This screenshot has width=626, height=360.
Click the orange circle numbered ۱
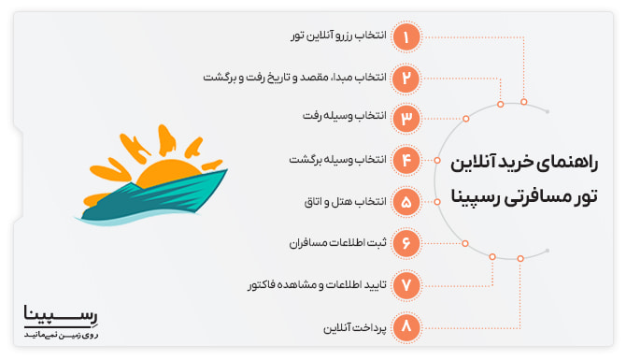(406, 36)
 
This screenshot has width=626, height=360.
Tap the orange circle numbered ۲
(406, 78)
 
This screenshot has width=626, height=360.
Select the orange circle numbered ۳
(406, 118)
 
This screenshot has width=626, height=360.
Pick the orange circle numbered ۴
(406, 160)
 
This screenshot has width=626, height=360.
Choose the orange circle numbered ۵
(406, 201)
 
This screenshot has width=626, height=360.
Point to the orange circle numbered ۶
(406, 242)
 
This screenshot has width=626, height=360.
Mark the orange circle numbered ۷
(406, 283)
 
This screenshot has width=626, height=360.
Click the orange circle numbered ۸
(406, 326)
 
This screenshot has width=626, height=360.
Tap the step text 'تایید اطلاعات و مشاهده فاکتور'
(308, 283)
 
